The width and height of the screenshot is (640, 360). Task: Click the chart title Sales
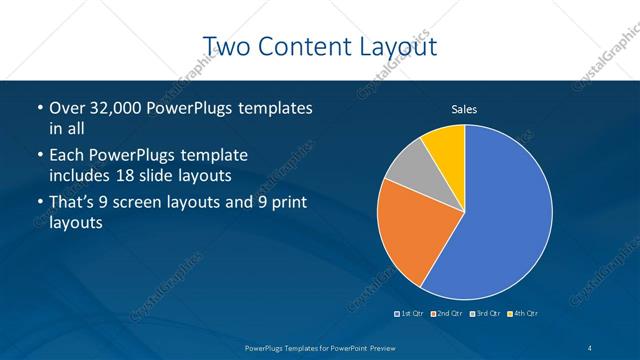point(465,109)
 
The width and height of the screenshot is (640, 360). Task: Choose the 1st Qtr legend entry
point(409,314)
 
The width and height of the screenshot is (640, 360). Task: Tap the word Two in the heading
point(227,46)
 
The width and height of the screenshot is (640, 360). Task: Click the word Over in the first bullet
point(66,107)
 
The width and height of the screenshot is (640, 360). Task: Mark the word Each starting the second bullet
point(66,155)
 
